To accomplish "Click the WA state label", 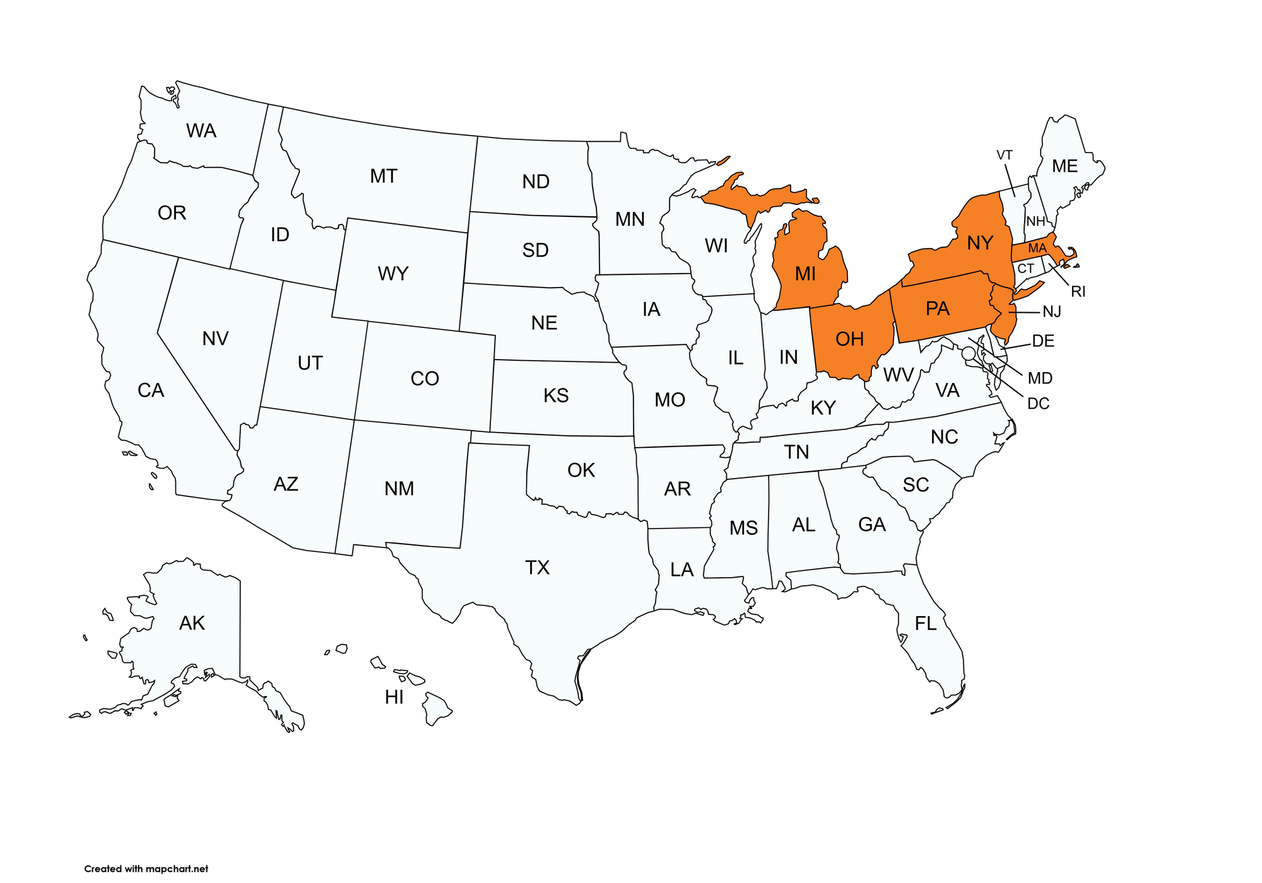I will click(201, 131).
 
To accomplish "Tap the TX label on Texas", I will click(537, 568).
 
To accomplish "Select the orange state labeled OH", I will click(849, 339).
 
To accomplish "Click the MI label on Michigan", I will click(805, 274).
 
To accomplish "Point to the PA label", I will click(937, 308).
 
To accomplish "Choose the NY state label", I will click(979, 243).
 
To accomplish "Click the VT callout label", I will click(1005, 155).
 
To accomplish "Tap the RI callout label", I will click(1078, 291).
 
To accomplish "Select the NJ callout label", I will click(1052, 312).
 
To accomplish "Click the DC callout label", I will click(1038, 404).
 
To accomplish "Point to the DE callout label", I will click(1043, 341).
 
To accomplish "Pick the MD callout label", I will click(1040, 378).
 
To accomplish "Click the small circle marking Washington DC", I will click(969, 353).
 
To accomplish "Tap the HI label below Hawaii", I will click(394, 697).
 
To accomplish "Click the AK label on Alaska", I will click(192, 623).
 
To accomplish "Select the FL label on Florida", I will click(926, 624).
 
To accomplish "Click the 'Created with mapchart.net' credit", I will click(146, 868).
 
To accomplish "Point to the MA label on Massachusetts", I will click(1037, 249).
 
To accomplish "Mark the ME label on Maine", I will click(1064, 167).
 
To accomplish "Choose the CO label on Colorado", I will click(425, 378).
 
